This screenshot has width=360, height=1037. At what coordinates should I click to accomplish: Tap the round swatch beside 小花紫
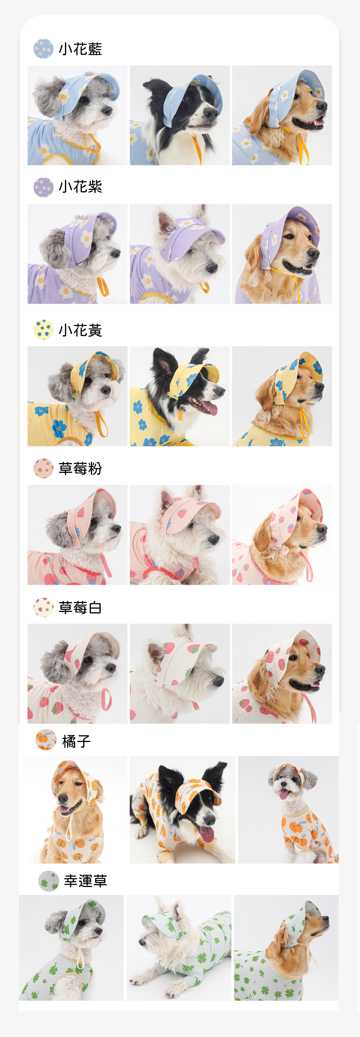point(44,187)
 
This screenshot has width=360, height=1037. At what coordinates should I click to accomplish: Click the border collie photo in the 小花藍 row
point(180,115)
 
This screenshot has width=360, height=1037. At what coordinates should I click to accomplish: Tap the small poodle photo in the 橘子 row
point(288,809)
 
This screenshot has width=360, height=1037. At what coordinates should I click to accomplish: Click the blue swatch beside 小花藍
point(44,49)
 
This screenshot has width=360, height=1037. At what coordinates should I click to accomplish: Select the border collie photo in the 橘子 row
point(182,809)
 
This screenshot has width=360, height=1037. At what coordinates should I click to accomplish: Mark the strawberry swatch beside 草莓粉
point(44,468)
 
